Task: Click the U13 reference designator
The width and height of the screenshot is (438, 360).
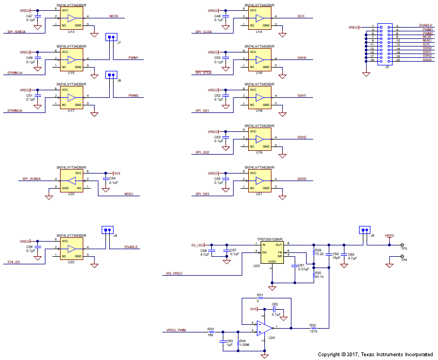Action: (71, 32)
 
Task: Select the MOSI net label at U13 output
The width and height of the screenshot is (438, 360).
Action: (114, 16)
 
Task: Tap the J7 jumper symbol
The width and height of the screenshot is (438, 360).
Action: (111, 38)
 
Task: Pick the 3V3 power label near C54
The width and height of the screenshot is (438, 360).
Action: (116, 173)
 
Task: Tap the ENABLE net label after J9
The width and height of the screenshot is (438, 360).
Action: (131, 246)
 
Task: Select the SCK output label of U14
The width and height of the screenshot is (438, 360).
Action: (301, 16)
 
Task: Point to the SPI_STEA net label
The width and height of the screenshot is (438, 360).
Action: (203, 72)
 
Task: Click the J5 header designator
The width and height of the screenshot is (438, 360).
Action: (387, 65)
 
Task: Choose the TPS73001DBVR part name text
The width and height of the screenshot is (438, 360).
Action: (270, 239)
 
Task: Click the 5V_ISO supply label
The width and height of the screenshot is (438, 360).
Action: (197, 245)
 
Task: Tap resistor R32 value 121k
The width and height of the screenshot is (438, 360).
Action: (313, 331)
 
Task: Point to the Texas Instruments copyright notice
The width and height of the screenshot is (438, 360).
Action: (375, 355)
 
